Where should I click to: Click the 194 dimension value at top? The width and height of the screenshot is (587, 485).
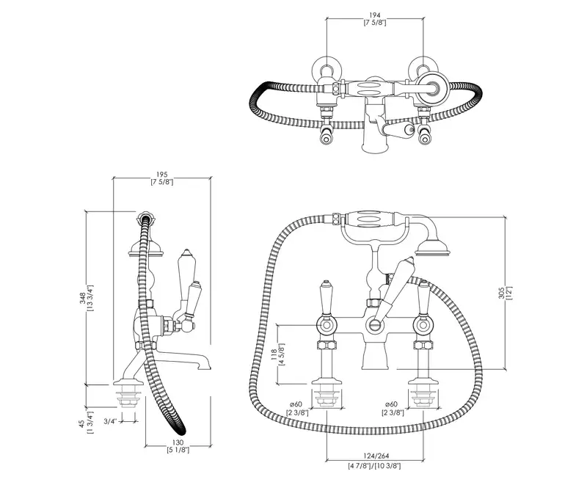click(x=375, y=15)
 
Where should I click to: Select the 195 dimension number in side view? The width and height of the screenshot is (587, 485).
click(x=162, y=175)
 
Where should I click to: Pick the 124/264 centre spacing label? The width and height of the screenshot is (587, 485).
click(x=376, y=456)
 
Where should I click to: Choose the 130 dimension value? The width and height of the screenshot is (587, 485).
click(x=178, y=442)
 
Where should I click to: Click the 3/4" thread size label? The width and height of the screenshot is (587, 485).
click(x=111, y=421)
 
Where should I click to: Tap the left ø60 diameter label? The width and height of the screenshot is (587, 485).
click(x=296, y=404)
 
